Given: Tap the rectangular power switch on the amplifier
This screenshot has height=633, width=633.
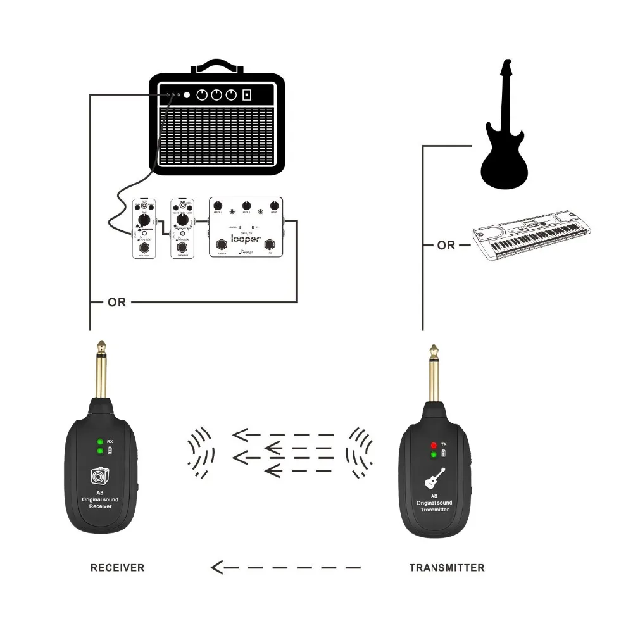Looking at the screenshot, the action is click(248, 96).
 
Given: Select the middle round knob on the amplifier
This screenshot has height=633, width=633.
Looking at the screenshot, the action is click(216, 96).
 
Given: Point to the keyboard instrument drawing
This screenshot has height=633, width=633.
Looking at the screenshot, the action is click(532, 238).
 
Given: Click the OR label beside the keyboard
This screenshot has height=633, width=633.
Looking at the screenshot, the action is click(446, 245).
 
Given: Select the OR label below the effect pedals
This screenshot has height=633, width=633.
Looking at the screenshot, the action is click(116, 303).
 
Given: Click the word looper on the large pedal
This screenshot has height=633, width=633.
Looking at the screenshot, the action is click(246, 239).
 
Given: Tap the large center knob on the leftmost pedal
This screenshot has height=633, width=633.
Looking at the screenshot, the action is click(144, 220).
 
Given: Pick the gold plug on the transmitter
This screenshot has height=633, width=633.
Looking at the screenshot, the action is click(434, 373).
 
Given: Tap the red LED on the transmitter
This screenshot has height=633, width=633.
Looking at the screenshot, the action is click(434, 445).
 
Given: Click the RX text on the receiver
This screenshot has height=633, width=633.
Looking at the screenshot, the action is click(110, 441).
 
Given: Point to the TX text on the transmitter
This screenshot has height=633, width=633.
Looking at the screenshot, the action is click(444, 445).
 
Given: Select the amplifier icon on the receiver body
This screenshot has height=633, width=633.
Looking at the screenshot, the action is click(100, 476).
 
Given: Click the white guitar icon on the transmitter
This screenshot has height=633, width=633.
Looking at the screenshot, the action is click(434, 479).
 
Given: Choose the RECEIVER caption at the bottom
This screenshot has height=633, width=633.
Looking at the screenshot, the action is click(117, 567).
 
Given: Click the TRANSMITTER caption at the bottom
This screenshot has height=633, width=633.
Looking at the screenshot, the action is click(447, 567).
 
